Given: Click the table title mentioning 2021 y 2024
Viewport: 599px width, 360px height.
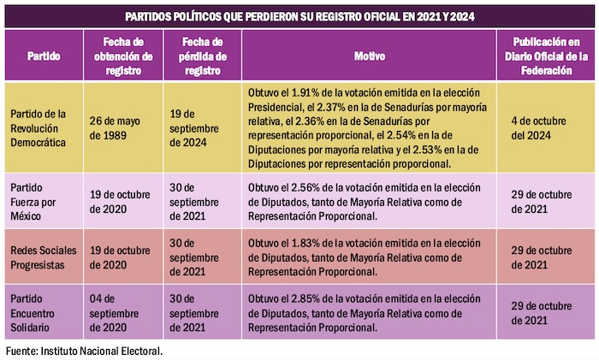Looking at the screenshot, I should [299, 16].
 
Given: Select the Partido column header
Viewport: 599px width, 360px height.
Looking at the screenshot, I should [43, 56].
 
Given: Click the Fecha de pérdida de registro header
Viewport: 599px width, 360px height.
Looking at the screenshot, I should [203, 56].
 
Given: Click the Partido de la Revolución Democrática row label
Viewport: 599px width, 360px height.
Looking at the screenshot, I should [43, 128].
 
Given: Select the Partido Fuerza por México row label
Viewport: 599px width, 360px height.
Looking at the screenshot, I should [41, 199].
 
